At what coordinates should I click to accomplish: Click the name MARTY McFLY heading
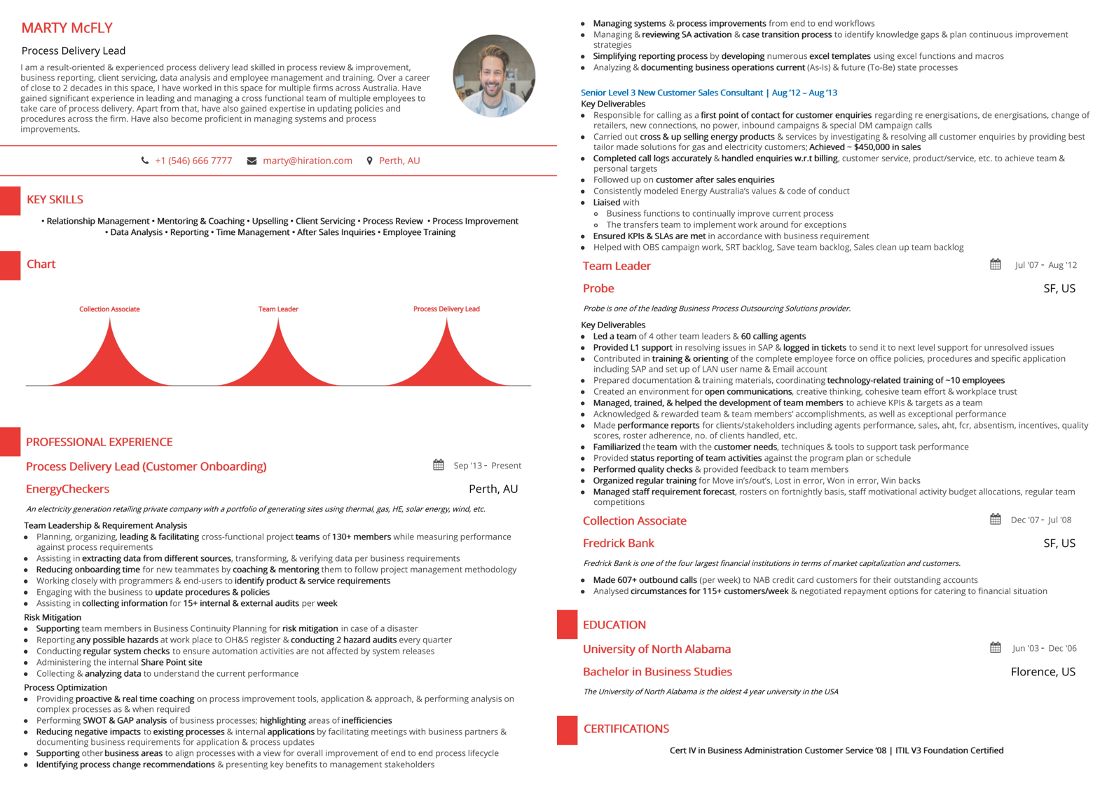[x=67, y=28]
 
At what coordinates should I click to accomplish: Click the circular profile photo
[x=494, y=76]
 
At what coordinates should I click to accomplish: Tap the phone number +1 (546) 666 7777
[x=193, y=161]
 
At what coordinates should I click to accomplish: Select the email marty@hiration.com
[x=307, y=161]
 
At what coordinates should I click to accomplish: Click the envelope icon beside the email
[x=252, y=161]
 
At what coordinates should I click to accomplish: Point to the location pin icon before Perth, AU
[x=369, y=161]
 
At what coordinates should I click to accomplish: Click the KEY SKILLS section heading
[x=55, y=200]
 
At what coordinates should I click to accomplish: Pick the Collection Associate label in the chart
[x=109, y=309]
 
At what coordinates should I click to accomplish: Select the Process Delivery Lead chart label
[x=446, y=309]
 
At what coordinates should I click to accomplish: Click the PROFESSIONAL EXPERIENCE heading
[x=99, y=442]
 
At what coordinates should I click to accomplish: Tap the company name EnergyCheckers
[x=67, y=489]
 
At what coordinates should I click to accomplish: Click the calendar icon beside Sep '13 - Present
[x=439, y=465]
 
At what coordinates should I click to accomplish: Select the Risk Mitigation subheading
[x=53, y=617]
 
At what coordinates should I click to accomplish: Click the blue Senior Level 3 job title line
[x=708, y=93]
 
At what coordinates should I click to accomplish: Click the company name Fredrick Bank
[x=618, y=543]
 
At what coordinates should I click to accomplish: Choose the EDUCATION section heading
[x=614, y=625]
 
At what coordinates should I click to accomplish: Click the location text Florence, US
[x=1043, y=672]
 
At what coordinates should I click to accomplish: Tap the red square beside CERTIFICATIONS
[x=567, y=730]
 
